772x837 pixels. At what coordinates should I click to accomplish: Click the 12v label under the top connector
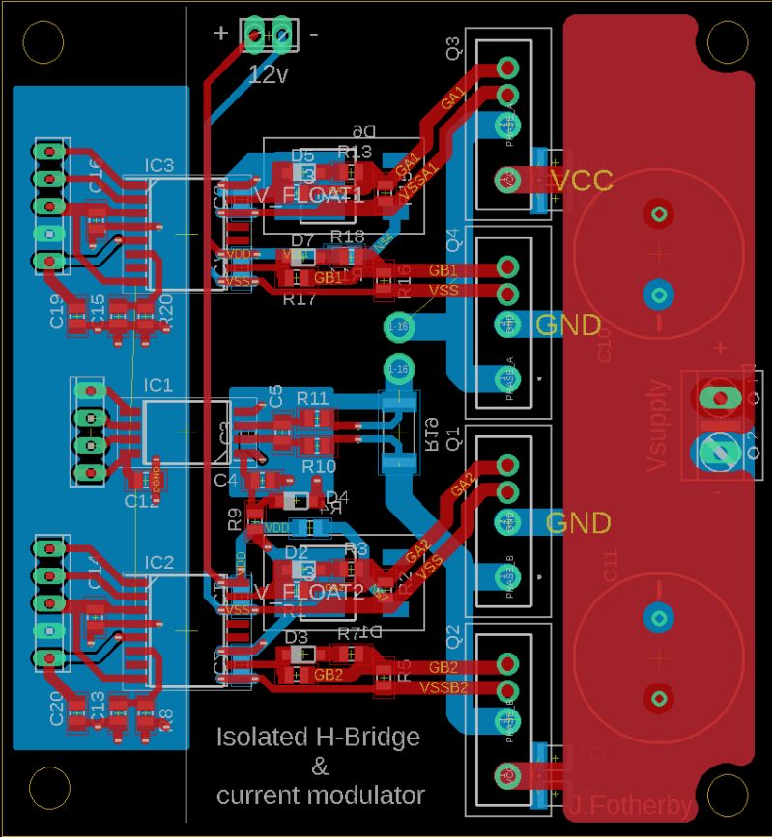pyautogui.click(x=269, y=74)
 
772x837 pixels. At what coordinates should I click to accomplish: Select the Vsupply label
pyautogui.click(x=658, y=426)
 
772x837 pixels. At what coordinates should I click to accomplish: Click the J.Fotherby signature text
pyautogui.click(x=631, y=806)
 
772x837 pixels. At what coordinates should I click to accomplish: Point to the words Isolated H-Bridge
pyautogui.click(x=318, y=738)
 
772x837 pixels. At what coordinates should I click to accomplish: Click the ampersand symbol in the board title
pyautogui.click(x=319, y=767)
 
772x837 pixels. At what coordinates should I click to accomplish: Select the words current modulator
pyautogui.click(x=320, y=795)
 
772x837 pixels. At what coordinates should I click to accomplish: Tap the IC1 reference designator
pyautogui.click(x=158, y=386)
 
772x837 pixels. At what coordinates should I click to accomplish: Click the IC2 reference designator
pyautogui.click(x=159, y=563)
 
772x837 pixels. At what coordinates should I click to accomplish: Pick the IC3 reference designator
pyautogui.click(x=159, y=165)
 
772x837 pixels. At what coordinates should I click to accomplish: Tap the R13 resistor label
pyautogui.click(x=354, y=152)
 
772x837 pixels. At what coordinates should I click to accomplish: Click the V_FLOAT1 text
pyautogui.click(x=309, y=196)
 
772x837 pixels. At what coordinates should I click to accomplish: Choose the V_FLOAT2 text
pyautogui.click(x=309, y=592)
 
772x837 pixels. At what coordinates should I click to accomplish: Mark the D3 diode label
pyautogui.click(x=298, y=637)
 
